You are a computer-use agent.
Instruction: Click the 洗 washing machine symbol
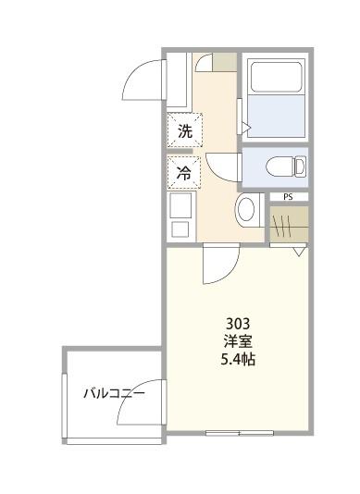pyautogui.click(x=184, y=131)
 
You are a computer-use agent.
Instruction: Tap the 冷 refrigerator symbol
pyautogui.click(x=184, y=173)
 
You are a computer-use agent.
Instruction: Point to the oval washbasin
pyautogui.click(x=246, y=209)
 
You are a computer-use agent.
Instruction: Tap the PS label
pyautogui.click(x=288, y=197)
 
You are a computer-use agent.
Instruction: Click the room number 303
pyautogui.click(x=239, y=323)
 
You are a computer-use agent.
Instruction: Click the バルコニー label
pyautogui.click(x=114, y=394)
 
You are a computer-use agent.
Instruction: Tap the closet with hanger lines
pyautogui.click(x=288, y=223)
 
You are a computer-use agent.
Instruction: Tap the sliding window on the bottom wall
pyautogui.click(x=239, y=433)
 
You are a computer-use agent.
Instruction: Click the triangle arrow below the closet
pyautogui.click(x=299, y=251)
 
